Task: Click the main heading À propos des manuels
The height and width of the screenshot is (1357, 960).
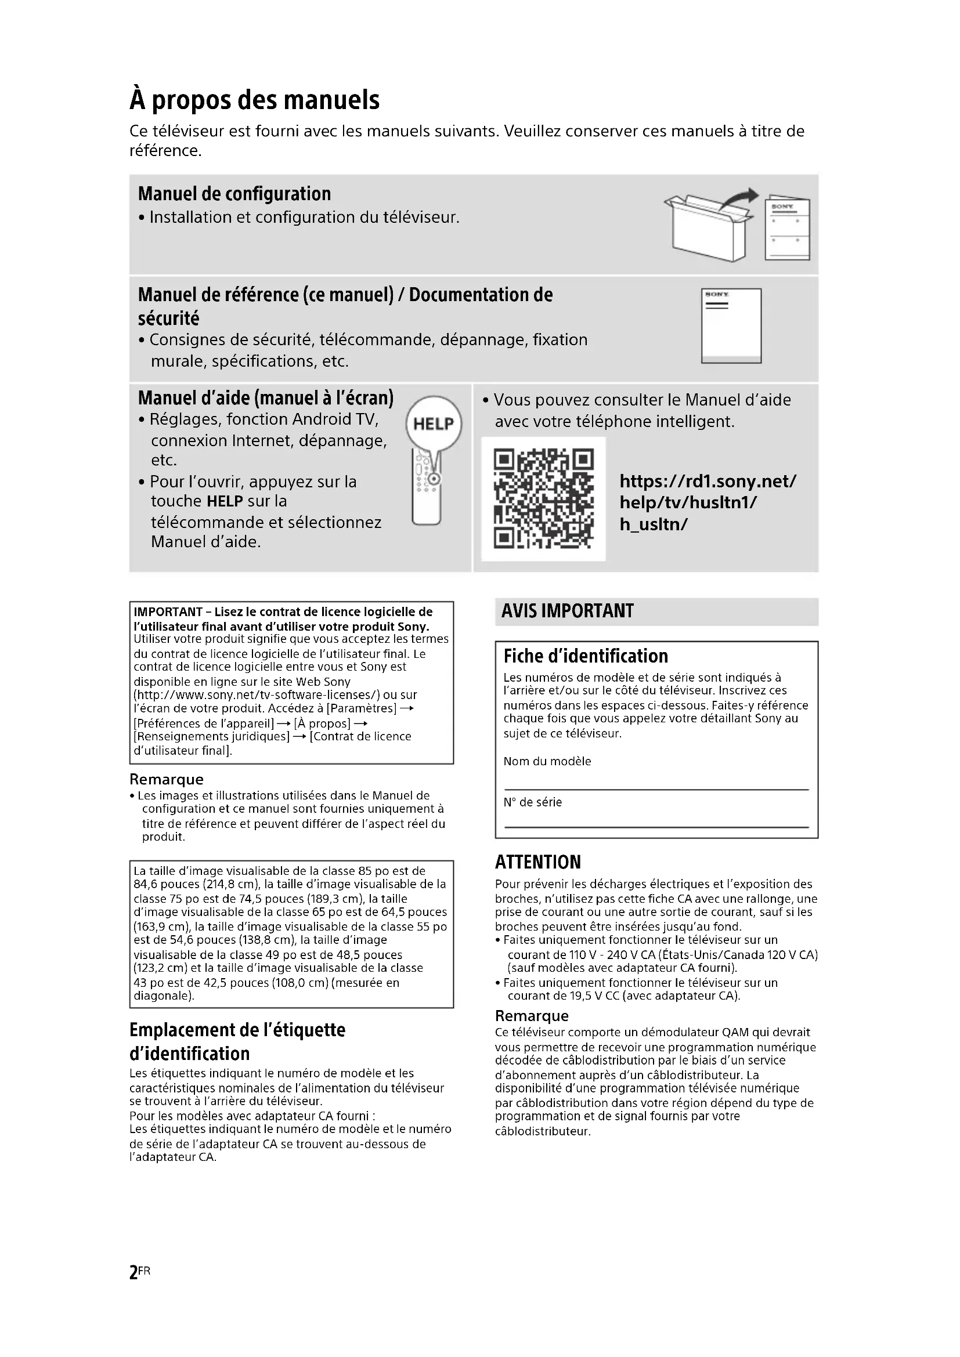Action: click(254, 100)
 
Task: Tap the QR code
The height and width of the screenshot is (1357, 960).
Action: click(543, 499)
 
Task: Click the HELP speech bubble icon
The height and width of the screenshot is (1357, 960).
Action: click(434, 423)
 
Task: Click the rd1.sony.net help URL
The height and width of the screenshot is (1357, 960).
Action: click(708, 502)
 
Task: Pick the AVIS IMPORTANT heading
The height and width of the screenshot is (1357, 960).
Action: click(567, 611)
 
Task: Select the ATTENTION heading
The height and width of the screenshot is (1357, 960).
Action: click(538, 862)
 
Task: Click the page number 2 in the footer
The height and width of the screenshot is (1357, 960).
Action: click(133, 1272)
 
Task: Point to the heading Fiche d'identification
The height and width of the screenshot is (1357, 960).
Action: click(585, 656)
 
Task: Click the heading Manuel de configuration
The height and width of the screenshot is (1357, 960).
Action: click(234, 194)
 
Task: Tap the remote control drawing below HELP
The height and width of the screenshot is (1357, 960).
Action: click(427, 491)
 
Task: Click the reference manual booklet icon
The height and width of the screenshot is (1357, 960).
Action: click(731, 325)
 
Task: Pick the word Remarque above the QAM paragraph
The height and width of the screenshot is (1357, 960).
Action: click(532, 1016)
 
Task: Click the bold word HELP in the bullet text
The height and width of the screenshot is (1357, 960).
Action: click(225, 501)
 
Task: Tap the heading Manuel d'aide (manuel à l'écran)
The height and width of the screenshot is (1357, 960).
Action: click(265, 398)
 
